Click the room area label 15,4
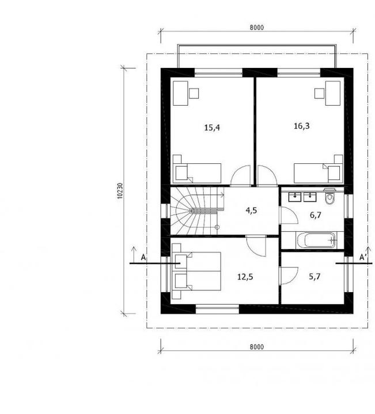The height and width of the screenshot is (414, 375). coord(212,128)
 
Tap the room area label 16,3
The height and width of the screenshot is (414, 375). coord(301,126)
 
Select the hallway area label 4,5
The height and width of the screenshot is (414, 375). coord(251,210)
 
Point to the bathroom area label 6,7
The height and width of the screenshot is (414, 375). coord(316,215)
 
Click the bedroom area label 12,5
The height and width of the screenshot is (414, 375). coord(245,277)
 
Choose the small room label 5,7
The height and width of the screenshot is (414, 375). coord(315,277)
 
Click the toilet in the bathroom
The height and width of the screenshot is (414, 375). coord(329,197)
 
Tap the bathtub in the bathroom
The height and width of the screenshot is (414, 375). coord(316,240)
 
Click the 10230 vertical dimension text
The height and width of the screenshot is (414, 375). coord(120,191)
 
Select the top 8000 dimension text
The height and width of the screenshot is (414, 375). coord(257,28)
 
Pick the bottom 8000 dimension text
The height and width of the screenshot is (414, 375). coord(257,347)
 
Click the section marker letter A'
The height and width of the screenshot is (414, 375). coord(362,258)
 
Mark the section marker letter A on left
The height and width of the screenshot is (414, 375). coord(143,258)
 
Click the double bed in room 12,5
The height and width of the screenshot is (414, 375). coord(196,271)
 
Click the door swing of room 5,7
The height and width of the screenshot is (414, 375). coord(289,275)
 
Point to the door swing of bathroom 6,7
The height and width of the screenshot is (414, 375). coord(289,215)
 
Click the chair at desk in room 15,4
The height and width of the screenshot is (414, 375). coord(194,93)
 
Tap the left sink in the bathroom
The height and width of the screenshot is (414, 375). coord(294,197)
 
